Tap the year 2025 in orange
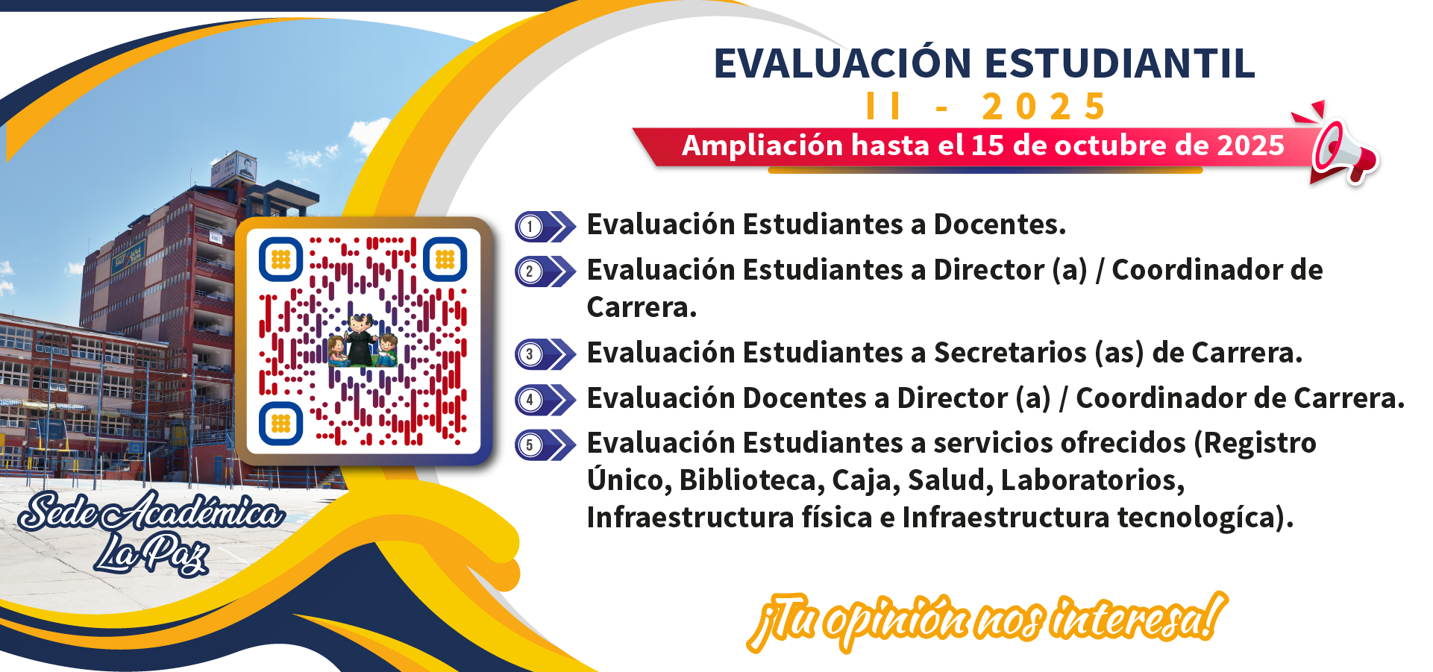click(x=1044, y=107)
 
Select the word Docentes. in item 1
click(x=1000, y=224)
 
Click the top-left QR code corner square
click(x=280, y=260)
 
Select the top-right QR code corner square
click(x=445, y=260)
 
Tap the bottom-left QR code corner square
click(x=280, y=423)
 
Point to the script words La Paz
click(x=151, y=553)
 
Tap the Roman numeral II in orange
click(x=883, y=106)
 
